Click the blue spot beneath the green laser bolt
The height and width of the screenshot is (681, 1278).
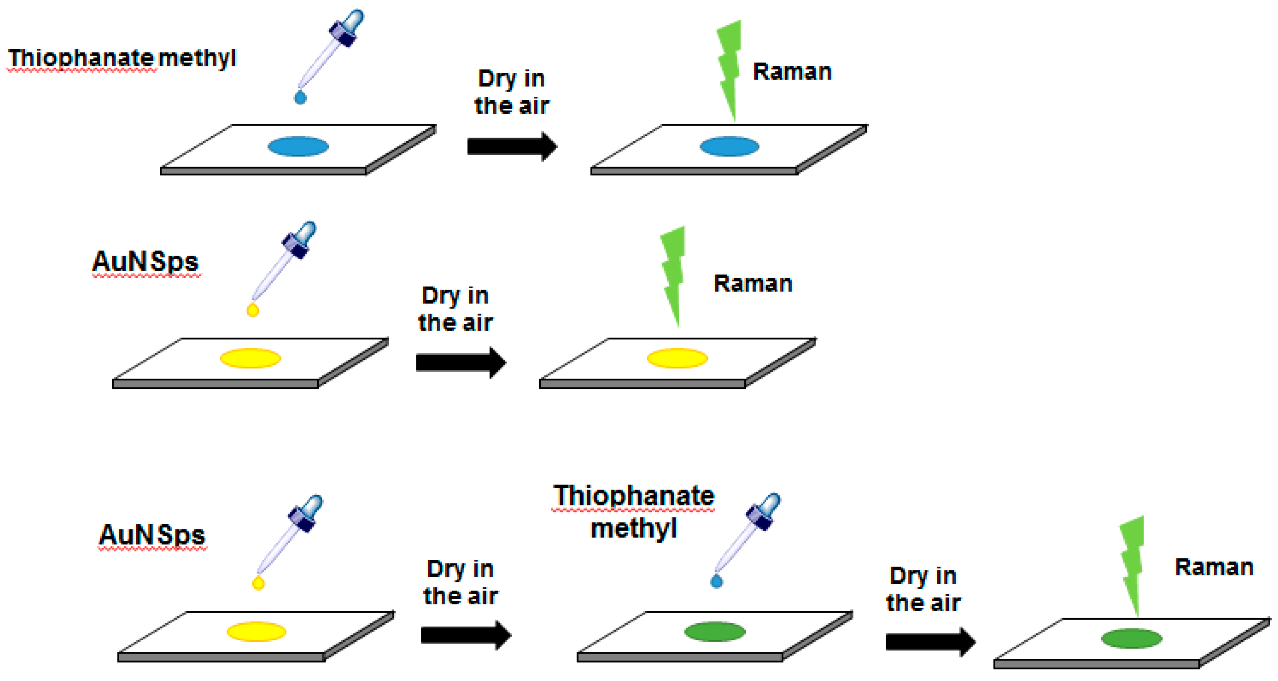(729, 147)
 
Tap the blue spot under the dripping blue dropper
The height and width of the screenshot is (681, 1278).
(298, 147)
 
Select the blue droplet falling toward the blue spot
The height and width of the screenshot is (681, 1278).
(300, 98)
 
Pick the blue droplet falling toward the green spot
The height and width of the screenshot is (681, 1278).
(717, 581)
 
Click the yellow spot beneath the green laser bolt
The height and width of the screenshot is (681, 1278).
(677, 358)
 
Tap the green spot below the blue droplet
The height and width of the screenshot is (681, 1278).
(714, 631)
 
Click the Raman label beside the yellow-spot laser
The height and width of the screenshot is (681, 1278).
(753, 284)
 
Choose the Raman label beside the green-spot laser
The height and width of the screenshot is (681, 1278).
(1214, 567)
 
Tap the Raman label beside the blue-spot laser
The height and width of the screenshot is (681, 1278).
(792, 72)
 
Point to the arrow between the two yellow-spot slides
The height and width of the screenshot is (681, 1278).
(460, 362)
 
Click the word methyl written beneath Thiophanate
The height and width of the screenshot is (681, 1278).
(633, 529)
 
